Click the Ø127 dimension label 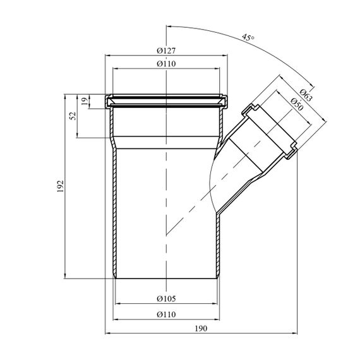[x=166, y=51]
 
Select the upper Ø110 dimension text [x=166, y=63]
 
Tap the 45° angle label [x=248, y=37]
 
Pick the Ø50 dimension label [x=297, y=104]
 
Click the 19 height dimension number [x=85, y=101]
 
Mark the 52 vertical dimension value [x=73, y=116]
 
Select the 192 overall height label [x=60, y=186]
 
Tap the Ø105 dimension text [x=166, y=299]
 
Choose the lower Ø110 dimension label [x=166, y=314]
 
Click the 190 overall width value [x=201, y=328]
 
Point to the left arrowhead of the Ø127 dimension [x=107, y=56]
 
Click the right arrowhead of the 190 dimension [x=294, y=333]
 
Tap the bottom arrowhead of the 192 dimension [x=65, y=276]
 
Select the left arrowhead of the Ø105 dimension [x=117, y=304]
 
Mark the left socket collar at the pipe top [x=109, y=101]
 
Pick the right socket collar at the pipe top [x=224, y=101]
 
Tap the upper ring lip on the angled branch [x=249, y=110]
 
